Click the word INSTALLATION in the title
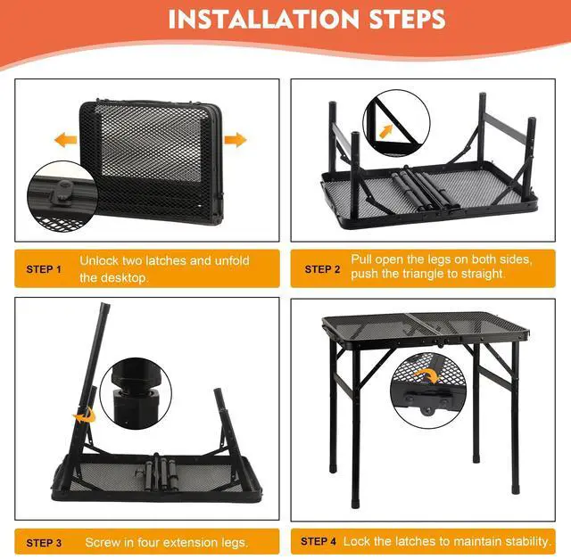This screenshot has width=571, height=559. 264,19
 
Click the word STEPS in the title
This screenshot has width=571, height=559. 408,19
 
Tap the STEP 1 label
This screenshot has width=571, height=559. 44,269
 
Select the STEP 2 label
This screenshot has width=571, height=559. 322,269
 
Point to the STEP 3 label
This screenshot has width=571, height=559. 44,543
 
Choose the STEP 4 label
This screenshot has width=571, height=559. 319,541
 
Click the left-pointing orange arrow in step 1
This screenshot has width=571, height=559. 65,140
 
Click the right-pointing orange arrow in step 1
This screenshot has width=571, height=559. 236,140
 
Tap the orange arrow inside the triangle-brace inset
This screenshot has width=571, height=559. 386,131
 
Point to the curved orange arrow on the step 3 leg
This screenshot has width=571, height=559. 85,415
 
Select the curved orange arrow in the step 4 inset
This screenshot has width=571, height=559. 428,374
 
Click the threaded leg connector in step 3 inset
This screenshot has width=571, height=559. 137,393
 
